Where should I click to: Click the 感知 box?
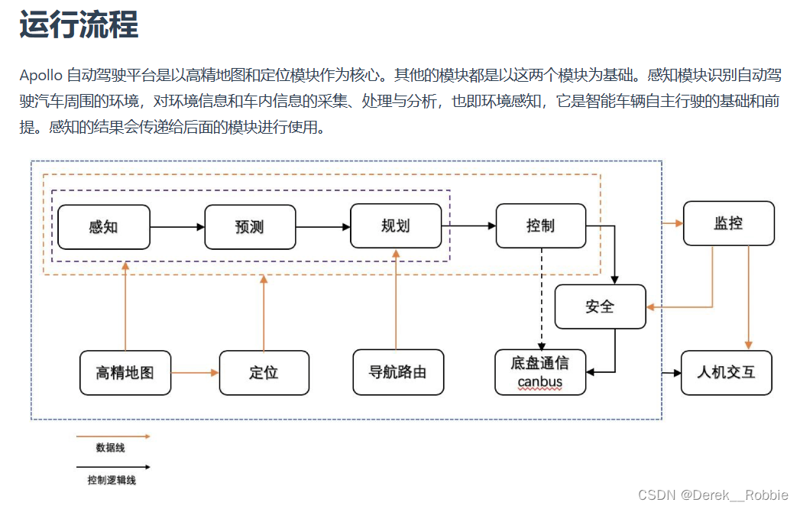pyautogui.click(x=104, y=227)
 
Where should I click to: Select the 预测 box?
pyautogui.click(x=250, y=227)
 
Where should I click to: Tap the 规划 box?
pyautogui.click(x=396, y=226)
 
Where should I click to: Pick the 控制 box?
pyautogui.click(x=541, y=226)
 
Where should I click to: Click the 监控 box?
pyautogui.click(x=728, y=223)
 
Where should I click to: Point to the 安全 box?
pyautogui.click(x=600, y=306)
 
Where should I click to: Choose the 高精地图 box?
pyautogui.click(x=125, y=373)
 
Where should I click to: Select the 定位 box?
pyautogui.click(x=264, y=373)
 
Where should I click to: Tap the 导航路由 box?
pyautogui.click(x=398, y=372)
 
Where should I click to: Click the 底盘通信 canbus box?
pyautogui.click(x=540, y=372)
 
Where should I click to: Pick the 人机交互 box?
pyautogui.click(x=726, y=372)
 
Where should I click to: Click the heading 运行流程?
pyautogui.click(x=79, y=24)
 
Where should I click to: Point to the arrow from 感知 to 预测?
pyautogui.click(x=177, y=227)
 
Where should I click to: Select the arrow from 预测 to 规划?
pyautogui.click(x=322, y=227)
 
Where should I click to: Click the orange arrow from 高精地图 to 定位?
pyautogui.click(x=195, y=373)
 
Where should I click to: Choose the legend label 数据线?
pyautogui.click(x=110, y=448)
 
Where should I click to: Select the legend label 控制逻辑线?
pyautogui.click(x=112, y=481)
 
